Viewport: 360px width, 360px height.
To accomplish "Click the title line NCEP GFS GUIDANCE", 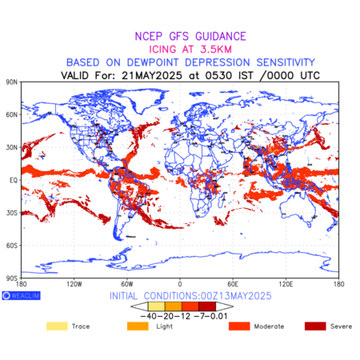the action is (x=190, y=36).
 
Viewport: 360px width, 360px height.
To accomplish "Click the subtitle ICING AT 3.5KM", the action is (x=190, y=50).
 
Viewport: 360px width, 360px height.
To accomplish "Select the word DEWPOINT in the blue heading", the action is (x=153, y=62).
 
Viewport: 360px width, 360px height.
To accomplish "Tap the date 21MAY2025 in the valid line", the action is (x=152, y=75).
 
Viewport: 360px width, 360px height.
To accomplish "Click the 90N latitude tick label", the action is (x=12, y=82).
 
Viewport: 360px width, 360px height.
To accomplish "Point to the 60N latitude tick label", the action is (x=12, y=115).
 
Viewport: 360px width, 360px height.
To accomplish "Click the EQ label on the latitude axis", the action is (x=14, y=180).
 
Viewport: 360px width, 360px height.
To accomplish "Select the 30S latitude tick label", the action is (x=12, y=213).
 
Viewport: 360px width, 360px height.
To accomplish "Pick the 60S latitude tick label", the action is (x=12, y=246).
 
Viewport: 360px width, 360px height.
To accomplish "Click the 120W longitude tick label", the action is (x=74, y=284).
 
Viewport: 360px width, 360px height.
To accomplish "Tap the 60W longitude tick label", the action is (x=127, y=284).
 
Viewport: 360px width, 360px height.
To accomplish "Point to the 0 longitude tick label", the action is (x=180, y=284).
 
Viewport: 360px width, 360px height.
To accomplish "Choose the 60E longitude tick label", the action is (x=233, y=284).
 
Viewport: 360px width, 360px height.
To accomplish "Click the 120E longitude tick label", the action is (x=286, y=284).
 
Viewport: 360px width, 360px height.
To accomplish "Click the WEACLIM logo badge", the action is (x=21, y=295).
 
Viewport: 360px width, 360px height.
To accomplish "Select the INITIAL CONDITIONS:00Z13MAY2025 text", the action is (x=190, y=296).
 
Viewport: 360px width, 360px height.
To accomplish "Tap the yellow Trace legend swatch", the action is (x=57, y=326).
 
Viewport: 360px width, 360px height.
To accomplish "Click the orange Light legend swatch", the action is (x=138, y=326).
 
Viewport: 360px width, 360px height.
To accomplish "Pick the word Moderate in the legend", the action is (x=269, y=326).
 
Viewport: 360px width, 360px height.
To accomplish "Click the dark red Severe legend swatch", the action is (x=315, y=326).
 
